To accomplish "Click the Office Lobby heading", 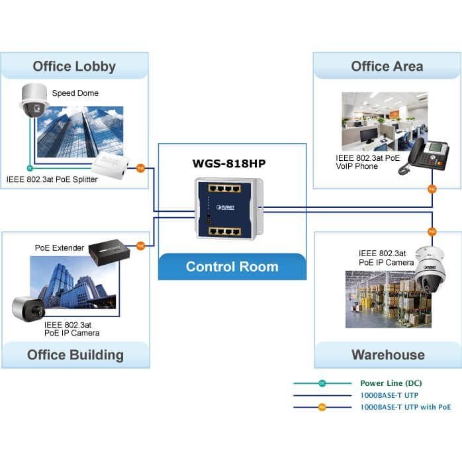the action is (x=74, y=66).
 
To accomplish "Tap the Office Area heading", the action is (x=387, y=66).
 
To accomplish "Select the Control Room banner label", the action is (x=232, y=267).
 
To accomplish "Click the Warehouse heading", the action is (x=388, y=355).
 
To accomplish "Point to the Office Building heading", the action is (x=75, y=355).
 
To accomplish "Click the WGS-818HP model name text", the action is (x=229, y=163).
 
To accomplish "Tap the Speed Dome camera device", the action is (x=34, y=101).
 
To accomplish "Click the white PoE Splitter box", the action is (x=110, y=165).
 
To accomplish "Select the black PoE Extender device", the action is (x=109, y=252).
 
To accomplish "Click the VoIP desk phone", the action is (x=424, y=156).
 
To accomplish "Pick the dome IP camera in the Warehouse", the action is (x=430, y=269).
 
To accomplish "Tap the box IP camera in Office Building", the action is (x=28, y=309).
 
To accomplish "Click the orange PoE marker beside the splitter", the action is (x=141, y=168).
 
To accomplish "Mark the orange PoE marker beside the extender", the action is (x=141, y=246).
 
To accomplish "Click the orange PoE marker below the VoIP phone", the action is (x=432, y=189).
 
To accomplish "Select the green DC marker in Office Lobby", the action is (x=30, y=168).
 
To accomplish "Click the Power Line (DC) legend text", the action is (x=391, y=383).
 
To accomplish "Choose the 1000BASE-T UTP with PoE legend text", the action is (x=406, y=407).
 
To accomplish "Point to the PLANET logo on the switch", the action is (x=226, y=207).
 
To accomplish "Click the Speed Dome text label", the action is (x=75, y=93).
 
